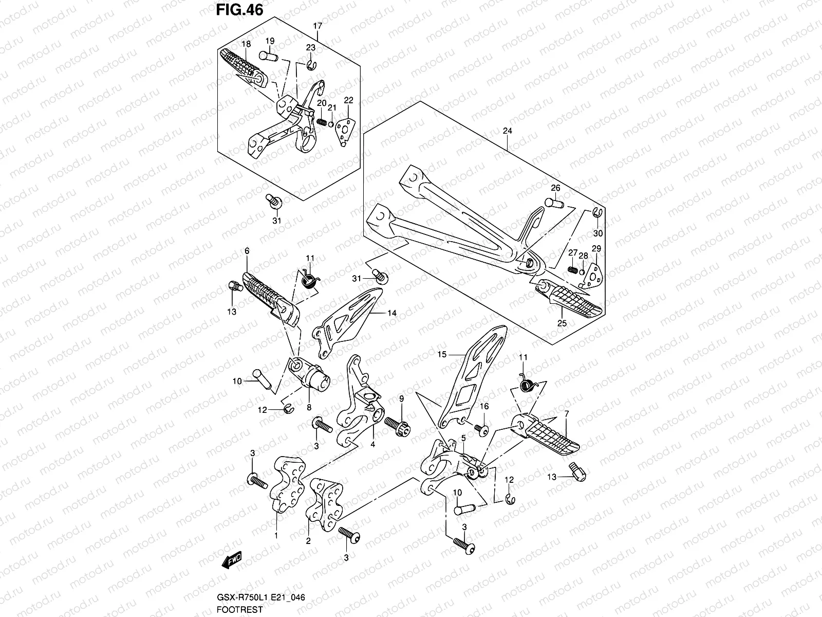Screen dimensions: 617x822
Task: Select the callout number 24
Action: tap(507, 131)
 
